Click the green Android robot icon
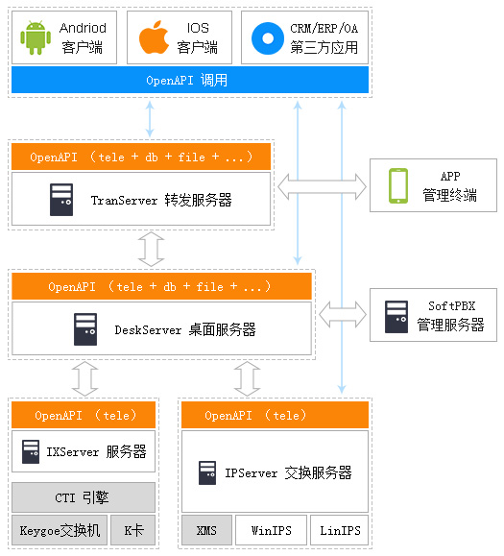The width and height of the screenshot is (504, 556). (x=36, y=37)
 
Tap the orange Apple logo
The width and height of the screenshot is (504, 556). (x=154, y=37)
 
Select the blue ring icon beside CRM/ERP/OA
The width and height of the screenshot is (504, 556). (x=268, y=38)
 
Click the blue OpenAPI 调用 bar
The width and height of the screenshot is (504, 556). (x=190, y=80)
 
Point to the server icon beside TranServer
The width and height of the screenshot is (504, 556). (x=61, y=200)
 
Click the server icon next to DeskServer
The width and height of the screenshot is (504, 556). (x=85, y=329)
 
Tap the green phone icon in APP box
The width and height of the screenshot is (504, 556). (x=398, y=185)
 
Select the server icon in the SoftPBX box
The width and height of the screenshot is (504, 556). (x=396, y=317)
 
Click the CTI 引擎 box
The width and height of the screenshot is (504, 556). (x=84, y=497)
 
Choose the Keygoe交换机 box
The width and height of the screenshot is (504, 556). (x=60, y=530)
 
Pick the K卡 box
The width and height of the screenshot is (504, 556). (x=132, y=530)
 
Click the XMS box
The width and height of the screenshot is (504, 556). (x=206, y=530)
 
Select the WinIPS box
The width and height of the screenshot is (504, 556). (x=271, y=530)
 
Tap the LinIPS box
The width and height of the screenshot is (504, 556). (x=340, y=530)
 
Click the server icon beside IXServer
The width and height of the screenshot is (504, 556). (x=31, y=451)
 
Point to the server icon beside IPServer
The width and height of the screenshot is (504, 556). (x=207, y=472)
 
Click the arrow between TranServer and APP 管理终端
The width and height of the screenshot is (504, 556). (x=323, y=186)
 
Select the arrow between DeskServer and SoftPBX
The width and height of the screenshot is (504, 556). (x=343, y=315)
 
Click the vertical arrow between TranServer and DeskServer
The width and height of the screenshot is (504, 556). (x=151, y=250)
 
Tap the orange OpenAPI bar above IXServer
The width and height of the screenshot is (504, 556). (x=84, y=415)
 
